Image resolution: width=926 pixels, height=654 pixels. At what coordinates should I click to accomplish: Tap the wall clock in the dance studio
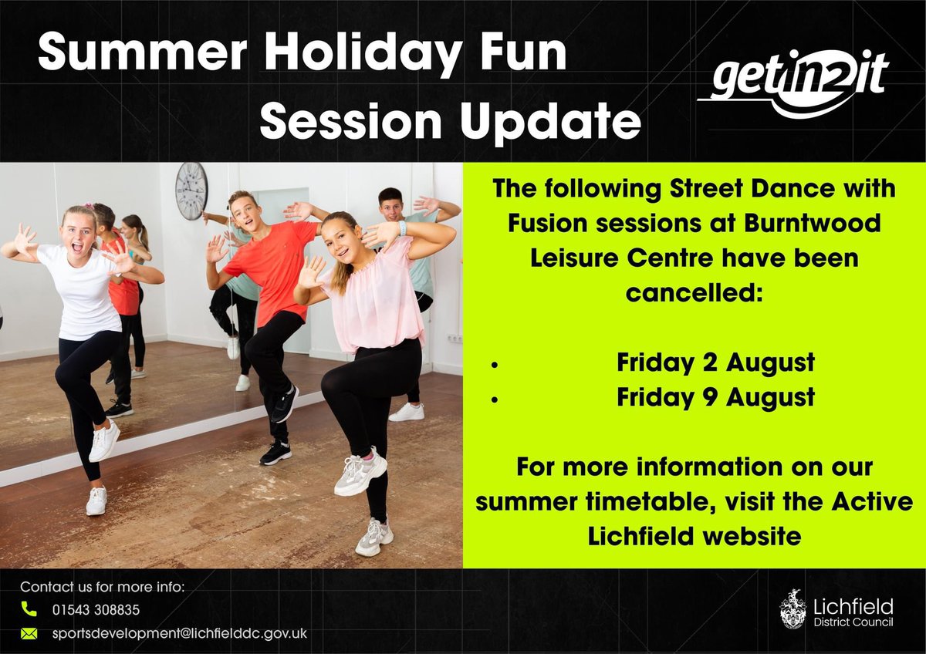click(x=191, y=190)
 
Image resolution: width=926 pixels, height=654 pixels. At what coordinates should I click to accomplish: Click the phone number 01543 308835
click(x=96, y=609)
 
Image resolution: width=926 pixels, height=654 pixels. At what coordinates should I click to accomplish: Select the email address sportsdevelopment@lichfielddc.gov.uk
click(x=180, y=633)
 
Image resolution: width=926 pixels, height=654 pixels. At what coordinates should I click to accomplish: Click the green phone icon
click(x=29, y=609)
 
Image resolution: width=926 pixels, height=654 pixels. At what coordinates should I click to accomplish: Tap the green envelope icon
click(x=29, y=633)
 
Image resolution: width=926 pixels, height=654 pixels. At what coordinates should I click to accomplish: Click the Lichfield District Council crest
click(x=793, y=608)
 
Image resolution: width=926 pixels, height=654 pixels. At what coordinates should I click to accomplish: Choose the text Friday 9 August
click(x=715, y=397)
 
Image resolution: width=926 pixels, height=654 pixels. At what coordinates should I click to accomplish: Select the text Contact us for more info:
click(x=103, y=586)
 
